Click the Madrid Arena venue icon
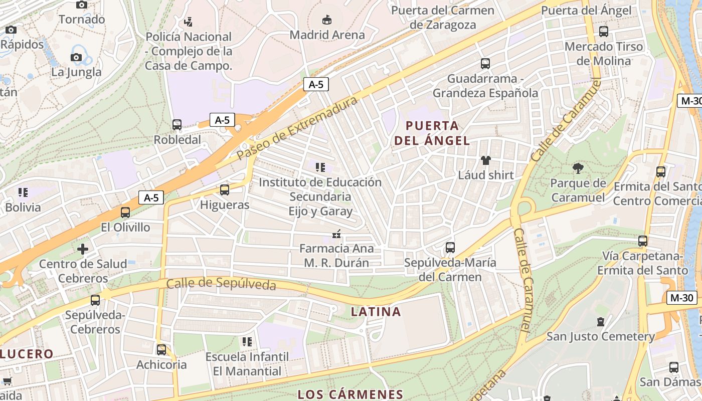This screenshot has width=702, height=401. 327,20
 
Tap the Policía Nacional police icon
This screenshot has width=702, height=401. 189,22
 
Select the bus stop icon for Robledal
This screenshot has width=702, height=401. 177,125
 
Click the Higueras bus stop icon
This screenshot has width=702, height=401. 225,190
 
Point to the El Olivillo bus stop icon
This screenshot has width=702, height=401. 125,213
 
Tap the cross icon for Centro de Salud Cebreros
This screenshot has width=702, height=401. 83,249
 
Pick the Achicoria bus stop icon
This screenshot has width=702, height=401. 161,349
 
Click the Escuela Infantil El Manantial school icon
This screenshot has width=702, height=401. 247,342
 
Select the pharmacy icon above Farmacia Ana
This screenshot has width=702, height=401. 336,234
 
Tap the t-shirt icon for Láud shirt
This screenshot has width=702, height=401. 485,160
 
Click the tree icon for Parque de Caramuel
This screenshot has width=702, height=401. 578,168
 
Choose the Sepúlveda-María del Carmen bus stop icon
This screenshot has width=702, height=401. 450,248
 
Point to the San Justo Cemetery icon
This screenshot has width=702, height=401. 601,321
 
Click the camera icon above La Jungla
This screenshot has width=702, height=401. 76,57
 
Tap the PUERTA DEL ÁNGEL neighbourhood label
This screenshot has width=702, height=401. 432,133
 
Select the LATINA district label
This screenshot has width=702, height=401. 376,312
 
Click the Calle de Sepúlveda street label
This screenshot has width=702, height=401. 221,284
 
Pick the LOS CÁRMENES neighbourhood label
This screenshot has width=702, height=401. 350,394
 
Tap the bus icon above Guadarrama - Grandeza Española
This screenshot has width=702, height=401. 485,64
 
